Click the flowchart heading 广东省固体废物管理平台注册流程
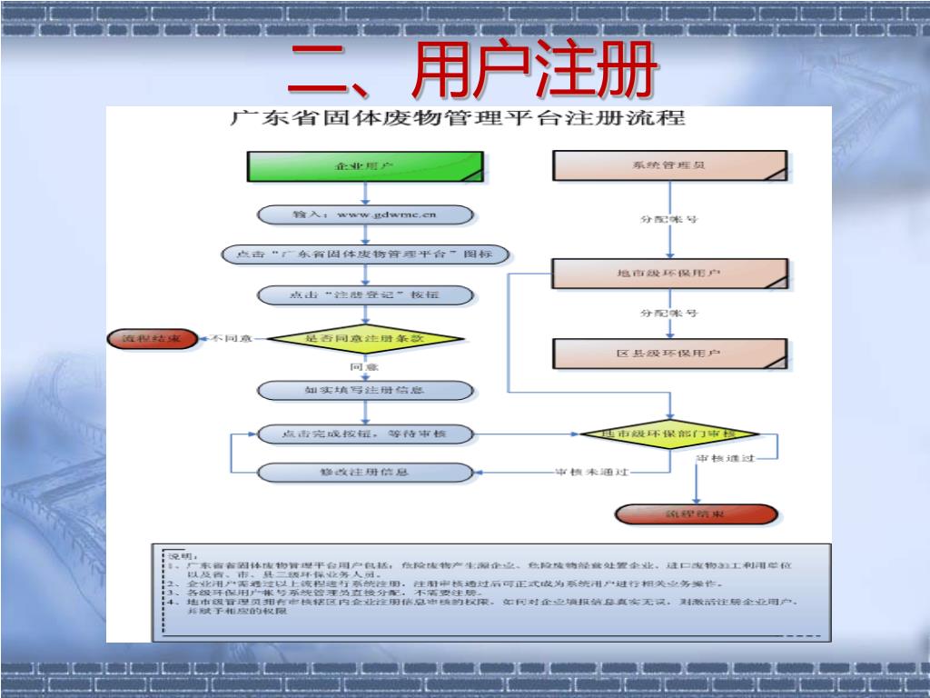[x=458, y=119]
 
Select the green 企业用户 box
[x=365, y=167]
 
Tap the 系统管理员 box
[x=669, y=166]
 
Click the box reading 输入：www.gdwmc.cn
[x=365, y=215]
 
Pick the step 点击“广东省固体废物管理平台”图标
[x=365, y=255]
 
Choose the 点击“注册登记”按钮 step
[x=365, y=295]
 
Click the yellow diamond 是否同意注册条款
[x=365, y=338]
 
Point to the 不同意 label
[x=232, y=339]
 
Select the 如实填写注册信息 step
[x=365, y=391]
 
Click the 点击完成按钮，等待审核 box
[x=365, y=434]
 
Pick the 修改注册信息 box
[x=365, y=473]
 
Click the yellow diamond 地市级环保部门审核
[x=671, y=434]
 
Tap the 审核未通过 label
[x=591, y=473]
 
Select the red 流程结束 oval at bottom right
[x=697, y=514]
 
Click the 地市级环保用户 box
[x=669, y=274]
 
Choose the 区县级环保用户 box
[x=669, y=353]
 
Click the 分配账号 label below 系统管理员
[x=669, y=220]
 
